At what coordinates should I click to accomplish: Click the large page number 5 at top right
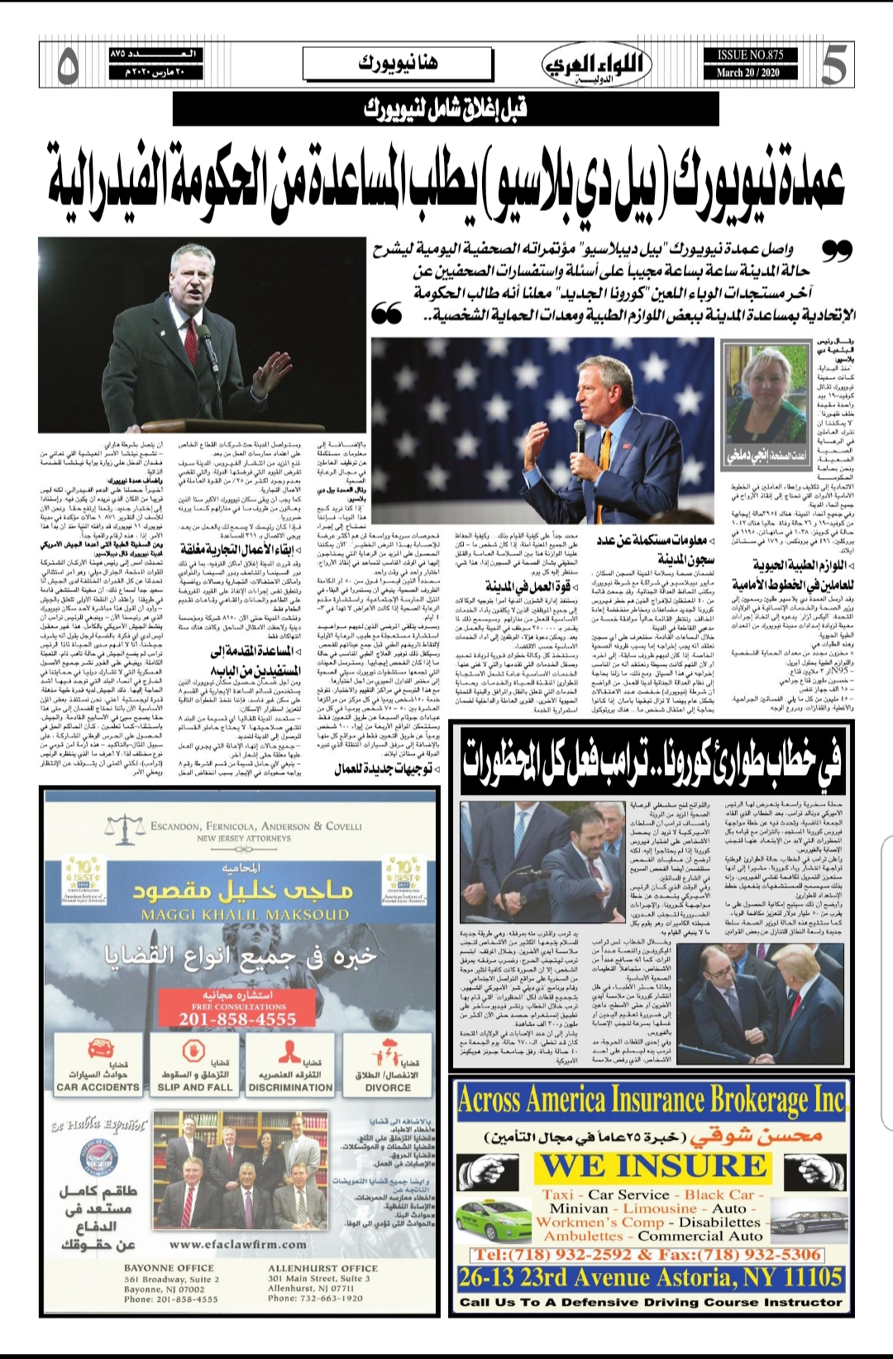click(x=833, y=65)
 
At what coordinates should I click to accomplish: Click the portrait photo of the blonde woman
click(x=753, y=395)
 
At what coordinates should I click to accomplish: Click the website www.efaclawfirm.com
click(x=237, y=1243)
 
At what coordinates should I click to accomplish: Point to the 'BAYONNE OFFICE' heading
click(x=169, y=1267)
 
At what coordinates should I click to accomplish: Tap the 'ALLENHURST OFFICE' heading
click(x=322, y=1267)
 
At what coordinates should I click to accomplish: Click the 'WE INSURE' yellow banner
click(x=653, y=1165)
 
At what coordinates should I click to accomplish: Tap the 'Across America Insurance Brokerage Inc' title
click(x=652, y=1100)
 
